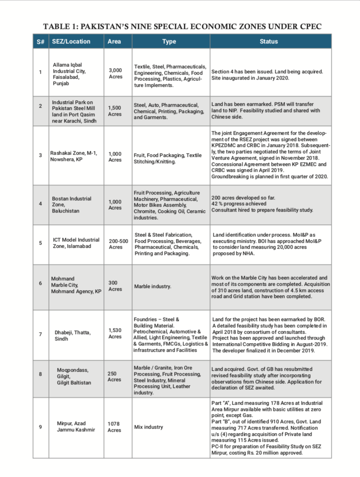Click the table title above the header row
(x=182, y=26)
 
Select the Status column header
(x=269, y=42)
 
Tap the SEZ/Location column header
(x=71, y=42)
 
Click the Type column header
(x=169, y=42)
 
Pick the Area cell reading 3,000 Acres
(x=116, y=73)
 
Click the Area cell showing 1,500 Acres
(x=116, y=111)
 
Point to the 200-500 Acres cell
(x=118, y=244)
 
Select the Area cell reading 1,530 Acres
(x=116, y=333)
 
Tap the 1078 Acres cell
(x=115, y=427)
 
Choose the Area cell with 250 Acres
(x=115, y=377)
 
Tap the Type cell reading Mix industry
(x=149, y=427)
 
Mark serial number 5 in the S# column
(x=40, y=243)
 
